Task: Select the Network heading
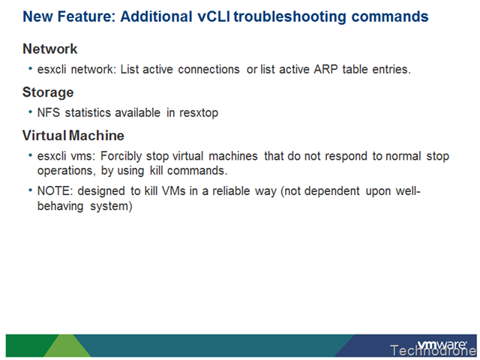click(50, 49)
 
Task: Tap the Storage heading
click(48, 92)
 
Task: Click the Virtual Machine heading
click(73, 136)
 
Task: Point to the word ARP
click(325, 70)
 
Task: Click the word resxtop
click(199, 113)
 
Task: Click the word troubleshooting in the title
click(289, 16)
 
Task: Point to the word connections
click(208, 70)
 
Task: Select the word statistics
click(88, 112)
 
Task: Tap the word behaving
click(60, 206)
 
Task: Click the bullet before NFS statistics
click(30, 112)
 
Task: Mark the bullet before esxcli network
click(30, 68)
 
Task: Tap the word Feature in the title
click(87, 16)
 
